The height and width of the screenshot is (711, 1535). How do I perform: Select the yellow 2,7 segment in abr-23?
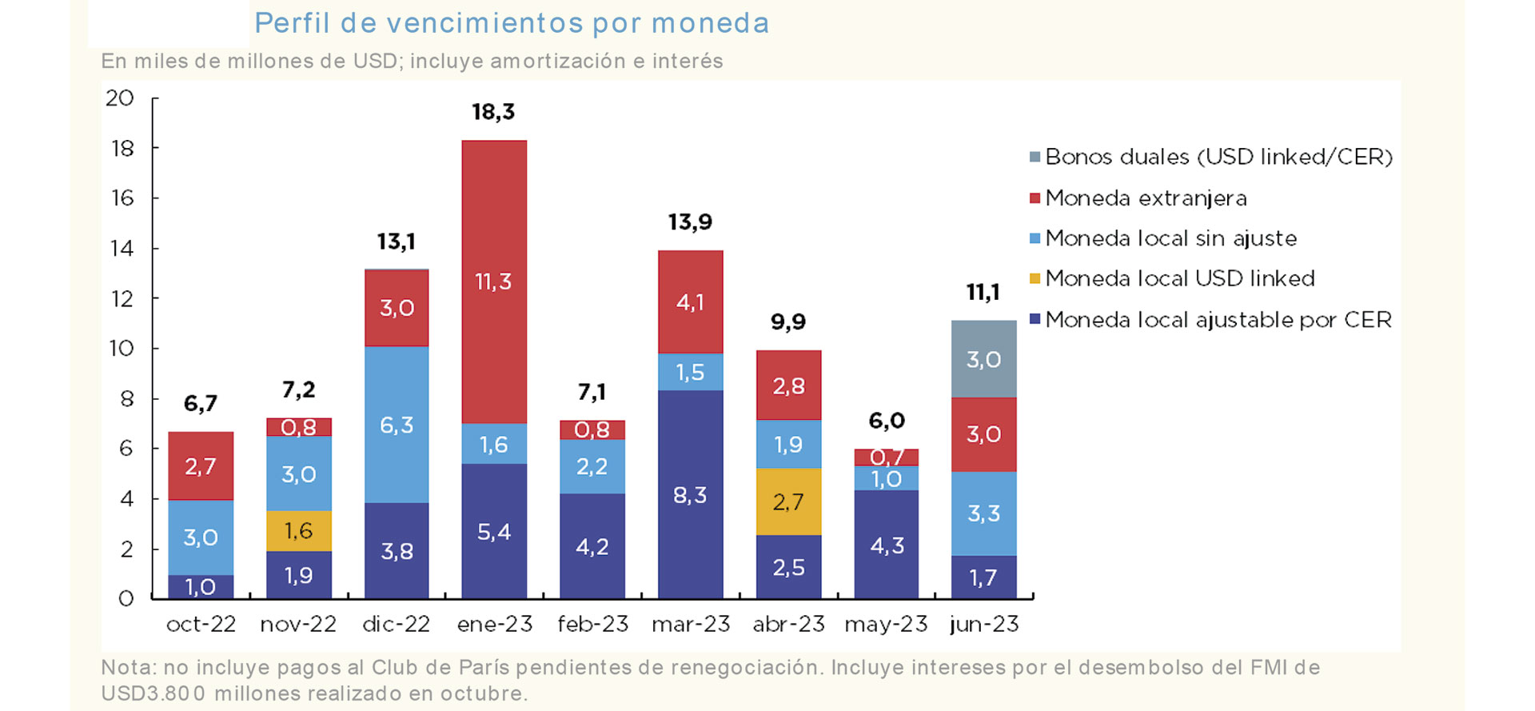tap(788, 501)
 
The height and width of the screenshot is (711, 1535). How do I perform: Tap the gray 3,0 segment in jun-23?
tap(983, 359)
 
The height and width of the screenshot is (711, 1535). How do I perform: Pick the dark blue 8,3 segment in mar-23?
tap(690, 494)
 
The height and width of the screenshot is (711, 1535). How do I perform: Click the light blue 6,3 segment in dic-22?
tap(397, 424)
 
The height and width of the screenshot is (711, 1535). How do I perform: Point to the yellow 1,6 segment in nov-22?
tap(298, 530)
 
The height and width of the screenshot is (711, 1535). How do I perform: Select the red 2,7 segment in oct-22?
tap(201, 466)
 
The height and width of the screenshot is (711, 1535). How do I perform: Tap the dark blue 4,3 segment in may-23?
tap(887, 545)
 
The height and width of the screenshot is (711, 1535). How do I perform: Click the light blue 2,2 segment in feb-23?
tap(592, 466)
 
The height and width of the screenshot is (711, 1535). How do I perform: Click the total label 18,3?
tap(493, 112)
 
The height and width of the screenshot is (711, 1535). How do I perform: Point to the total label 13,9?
tap(690, 222)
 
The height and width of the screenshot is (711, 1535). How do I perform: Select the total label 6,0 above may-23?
tap(887, 421)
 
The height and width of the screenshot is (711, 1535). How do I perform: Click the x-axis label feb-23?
tap(592, 624)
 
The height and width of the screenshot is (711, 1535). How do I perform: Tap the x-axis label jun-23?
tap(984, 624)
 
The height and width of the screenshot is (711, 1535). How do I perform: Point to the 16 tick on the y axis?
tap(122, 198)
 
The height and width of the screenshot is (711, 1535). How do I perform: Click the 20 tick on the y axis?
tap(120, 98)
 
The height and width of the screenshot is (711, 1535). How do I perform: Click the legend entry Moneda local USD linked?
tap(1179, 278)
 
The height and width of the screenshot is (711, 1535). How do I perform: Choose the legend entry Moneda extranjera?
tap(1146, 198)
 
